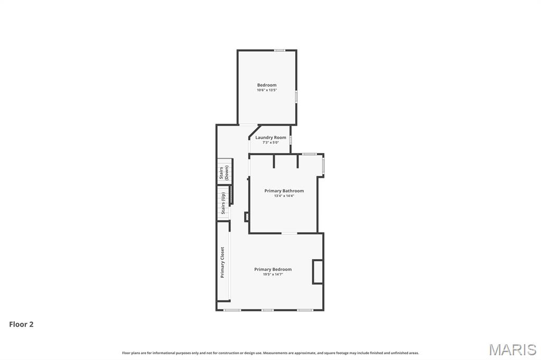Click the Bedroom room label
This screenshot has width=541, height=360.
click(x=267, y=85)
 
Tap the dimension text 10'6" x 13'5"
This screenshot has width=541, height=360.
click(x=267, y=90)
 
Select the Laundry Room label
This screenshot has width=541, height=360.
click(x=270, y=137)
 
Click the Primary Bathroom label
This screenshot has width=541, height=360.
click(x=284, y=191)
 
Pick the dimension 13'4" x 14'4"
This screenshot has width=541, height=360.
click(x=284, y=196)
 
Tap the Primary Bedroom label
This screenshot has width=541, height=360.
click(x=273, y=269)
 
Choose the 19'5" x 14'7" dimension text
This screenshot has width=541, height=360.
click(x=273, y=274)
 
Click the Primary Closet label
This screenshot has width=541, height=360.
click(x=222, y=262)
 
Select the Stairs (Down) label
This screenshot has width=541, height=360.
click(x=224, y=173)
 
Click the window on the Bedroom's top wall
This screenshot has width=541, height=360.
click(x=279, y=50)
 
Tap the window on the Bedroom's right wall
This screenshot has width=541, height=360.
click(x=296, y=96)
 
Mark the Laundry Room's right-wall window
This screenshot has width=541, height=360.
click(x=291, y=140)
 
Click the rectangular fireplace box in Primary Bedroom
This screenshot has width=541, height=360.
click(x=318, y=272)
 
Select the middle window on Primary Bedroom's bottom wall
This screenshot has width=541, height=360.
click(x=268, y=310)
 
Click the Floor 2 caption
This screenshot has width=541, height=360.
click(x=21, y=325)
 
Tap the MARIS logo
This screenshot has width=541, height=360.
click(x=512, y=349)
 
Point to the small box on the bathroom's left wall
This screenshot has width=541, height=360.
click(x=247, y=216)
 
